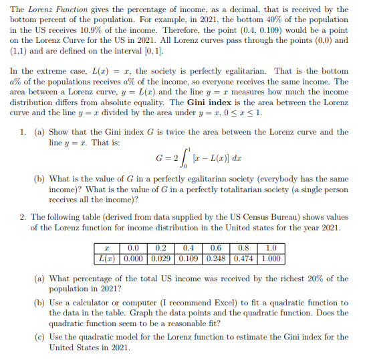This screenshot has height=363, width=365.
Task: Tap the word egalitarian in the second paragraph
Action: point(229,71)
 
